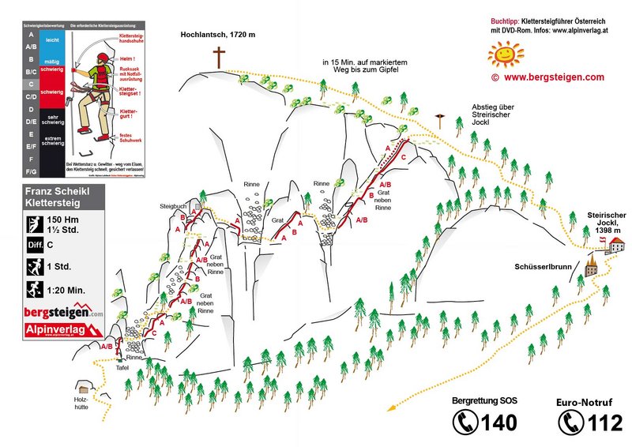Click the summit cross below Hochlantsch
pos(218,58)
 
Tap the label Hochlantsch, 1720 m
pos(216,35)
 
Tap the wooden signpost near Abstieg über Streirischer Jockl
pos(440,118)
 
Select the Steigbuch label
pos(173,207)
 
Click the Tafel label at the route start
pos(122,367)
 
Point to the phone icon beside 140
pos(465,423)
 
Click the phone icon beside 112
pos(569,423)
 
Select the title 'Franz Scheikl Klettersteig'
pos(64,196)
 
